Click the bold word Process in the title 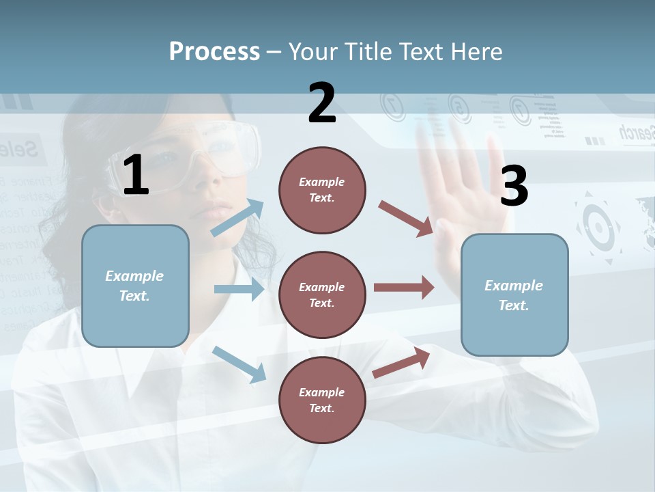[214, 51]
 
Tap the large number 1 [136, 176]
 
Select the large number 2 [322, 104]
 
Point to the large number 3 [514, 186]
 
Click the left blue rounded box [135, 286]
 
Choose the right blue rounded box [514, 295]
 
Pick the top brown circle [322, 190]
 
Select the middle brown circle [322, 295]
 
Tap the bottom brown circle [322, 400]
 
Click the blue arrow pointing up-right [237, 218]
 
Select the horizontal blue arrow [239, 289]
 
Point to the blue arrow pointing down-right [239, 364]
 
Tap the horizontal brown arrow [404, 288]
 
